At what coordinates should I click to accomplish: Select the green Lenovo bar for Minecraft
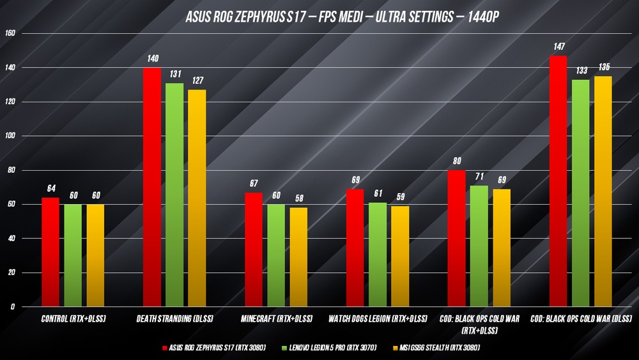click(276, 256)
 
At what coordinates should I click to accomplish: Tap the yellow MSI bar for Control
click(95, 256)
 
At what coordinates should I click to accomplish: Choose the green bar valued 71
click(479, 246)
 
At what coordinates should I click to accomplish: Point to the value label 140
click(152, 59)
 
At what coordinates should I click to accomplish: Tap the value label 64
click(51, 189)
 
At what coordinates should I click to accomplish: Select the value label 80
click(456, 161)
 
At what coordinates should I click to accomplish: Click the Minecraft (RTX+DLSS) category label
click(277, 318)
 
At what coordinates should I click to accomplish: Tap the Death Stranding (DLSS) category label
click(175, 318)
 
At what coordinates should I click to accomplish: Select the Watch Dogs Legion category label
click(378, 318)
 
